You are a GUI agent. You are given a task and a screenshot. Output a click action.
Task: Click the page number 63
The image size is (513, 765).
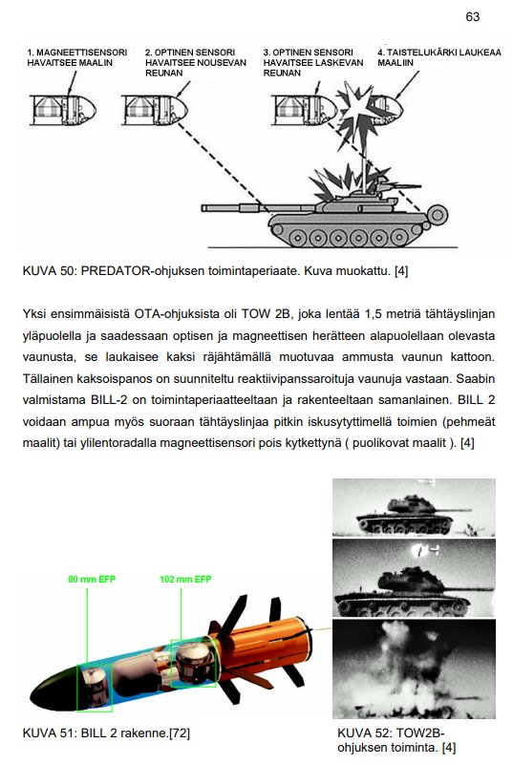tap(473, 17)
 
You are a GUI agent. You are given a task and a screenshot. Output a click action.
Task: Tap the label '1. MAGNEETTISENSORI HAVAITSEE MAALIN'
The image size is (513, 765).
tap(77, 57)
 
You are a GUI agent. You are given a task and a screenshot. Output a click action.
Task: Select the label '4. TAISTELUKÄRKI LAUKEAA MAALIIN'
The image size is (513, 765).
tap(438, 57)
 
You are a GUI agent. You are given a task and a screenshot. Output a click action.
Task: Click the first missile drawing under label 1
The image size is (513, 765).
tap(63, 110)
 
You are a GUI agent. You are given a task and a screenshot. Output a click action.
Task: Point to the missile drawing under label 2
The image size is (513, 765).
tap(155, 110)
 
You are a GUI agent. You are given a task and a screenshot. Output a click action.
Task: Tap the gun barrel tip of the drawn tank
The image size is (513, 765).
tap(203, 208)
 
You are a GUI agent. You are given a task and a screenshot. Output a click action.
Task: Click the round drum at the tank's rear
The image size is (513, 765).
tap(438, 215)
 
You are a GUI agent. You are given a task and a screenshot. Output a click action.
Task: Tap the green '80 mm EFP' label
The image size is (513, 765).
tap(92, 579)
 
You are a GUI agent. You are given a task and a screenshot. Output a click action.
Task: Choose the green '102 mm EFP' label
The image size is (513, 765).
tap(185, 579)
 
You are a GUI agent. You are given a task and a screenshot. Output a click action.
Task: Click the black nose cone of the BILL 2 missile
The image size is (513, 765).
tap(54, 688)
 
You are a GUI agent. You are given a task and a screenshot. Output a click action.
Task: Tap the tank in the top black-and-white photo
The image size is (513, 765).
tap(405, 516)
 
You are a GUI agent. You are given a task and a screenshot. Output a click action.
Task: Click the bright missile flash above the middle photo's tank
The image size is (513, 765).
tap(419, 551)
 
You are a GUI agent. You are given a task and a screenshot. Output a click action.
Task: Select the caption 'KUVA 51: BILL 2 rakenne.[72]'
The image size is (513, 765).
tap(106, 733)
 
